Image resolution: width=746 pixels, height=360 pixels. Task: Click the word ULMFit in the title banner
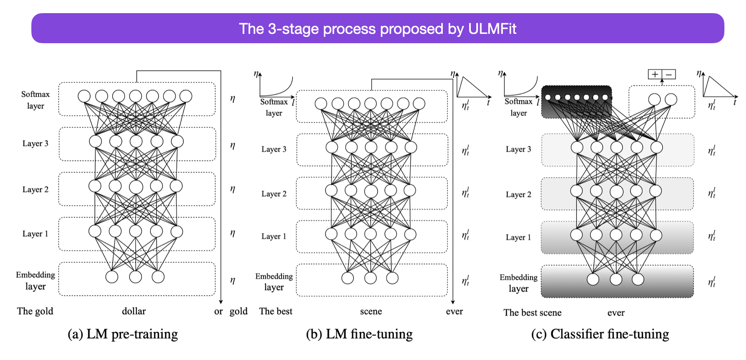(492, 29)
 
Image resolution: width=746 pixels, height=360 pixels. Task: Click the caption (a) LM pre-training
(123, 334)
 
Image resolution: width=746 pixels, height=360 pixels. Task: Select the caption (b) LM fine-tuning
(359, 334)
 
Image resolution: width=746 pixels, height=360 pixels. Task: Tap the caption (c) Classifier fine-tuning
(600, 334)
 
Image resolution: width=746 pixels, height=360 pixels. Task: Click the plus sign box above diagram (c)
(655, 75)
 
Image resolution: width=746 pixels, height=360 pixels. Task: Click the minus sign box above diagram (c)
(669, 75)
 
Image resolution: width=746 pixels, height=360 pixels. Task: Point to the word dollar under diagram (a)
(134, 311)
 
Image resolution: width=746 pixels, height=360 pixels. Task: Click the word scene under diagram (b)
(371, 311)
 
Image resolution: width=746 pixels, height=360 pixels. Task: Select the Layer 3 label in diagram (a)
(35, 144)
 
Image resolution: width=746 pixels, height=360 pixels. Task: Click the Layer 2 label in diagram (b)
(274, 194)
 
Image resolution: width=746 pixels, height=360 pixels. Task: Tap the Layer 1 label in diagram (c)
(518, 238)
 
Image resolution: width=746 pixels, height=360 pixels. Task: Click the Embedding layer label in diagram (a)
(36, 280)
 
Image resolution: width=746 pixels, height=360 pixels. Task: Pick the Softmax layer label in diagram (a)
(36, 100)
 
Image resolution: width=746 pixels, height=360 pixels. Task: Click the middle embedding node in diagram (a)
(135, 277)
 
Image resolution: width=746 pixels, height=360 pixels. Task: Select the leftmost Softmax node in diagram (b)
(321, 103)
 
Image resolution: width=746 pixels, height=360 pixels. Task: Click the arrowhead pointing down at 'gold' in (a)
(221, 302)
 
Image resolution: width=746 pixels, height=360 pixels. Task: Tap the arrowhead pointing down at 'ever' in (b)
(453, 302)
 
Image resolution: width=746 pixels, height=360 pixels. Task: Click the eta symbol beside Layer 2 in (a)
(232, 189)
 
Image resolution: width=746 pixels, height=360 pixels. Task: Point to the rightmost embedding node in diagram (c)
(638, 279)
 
